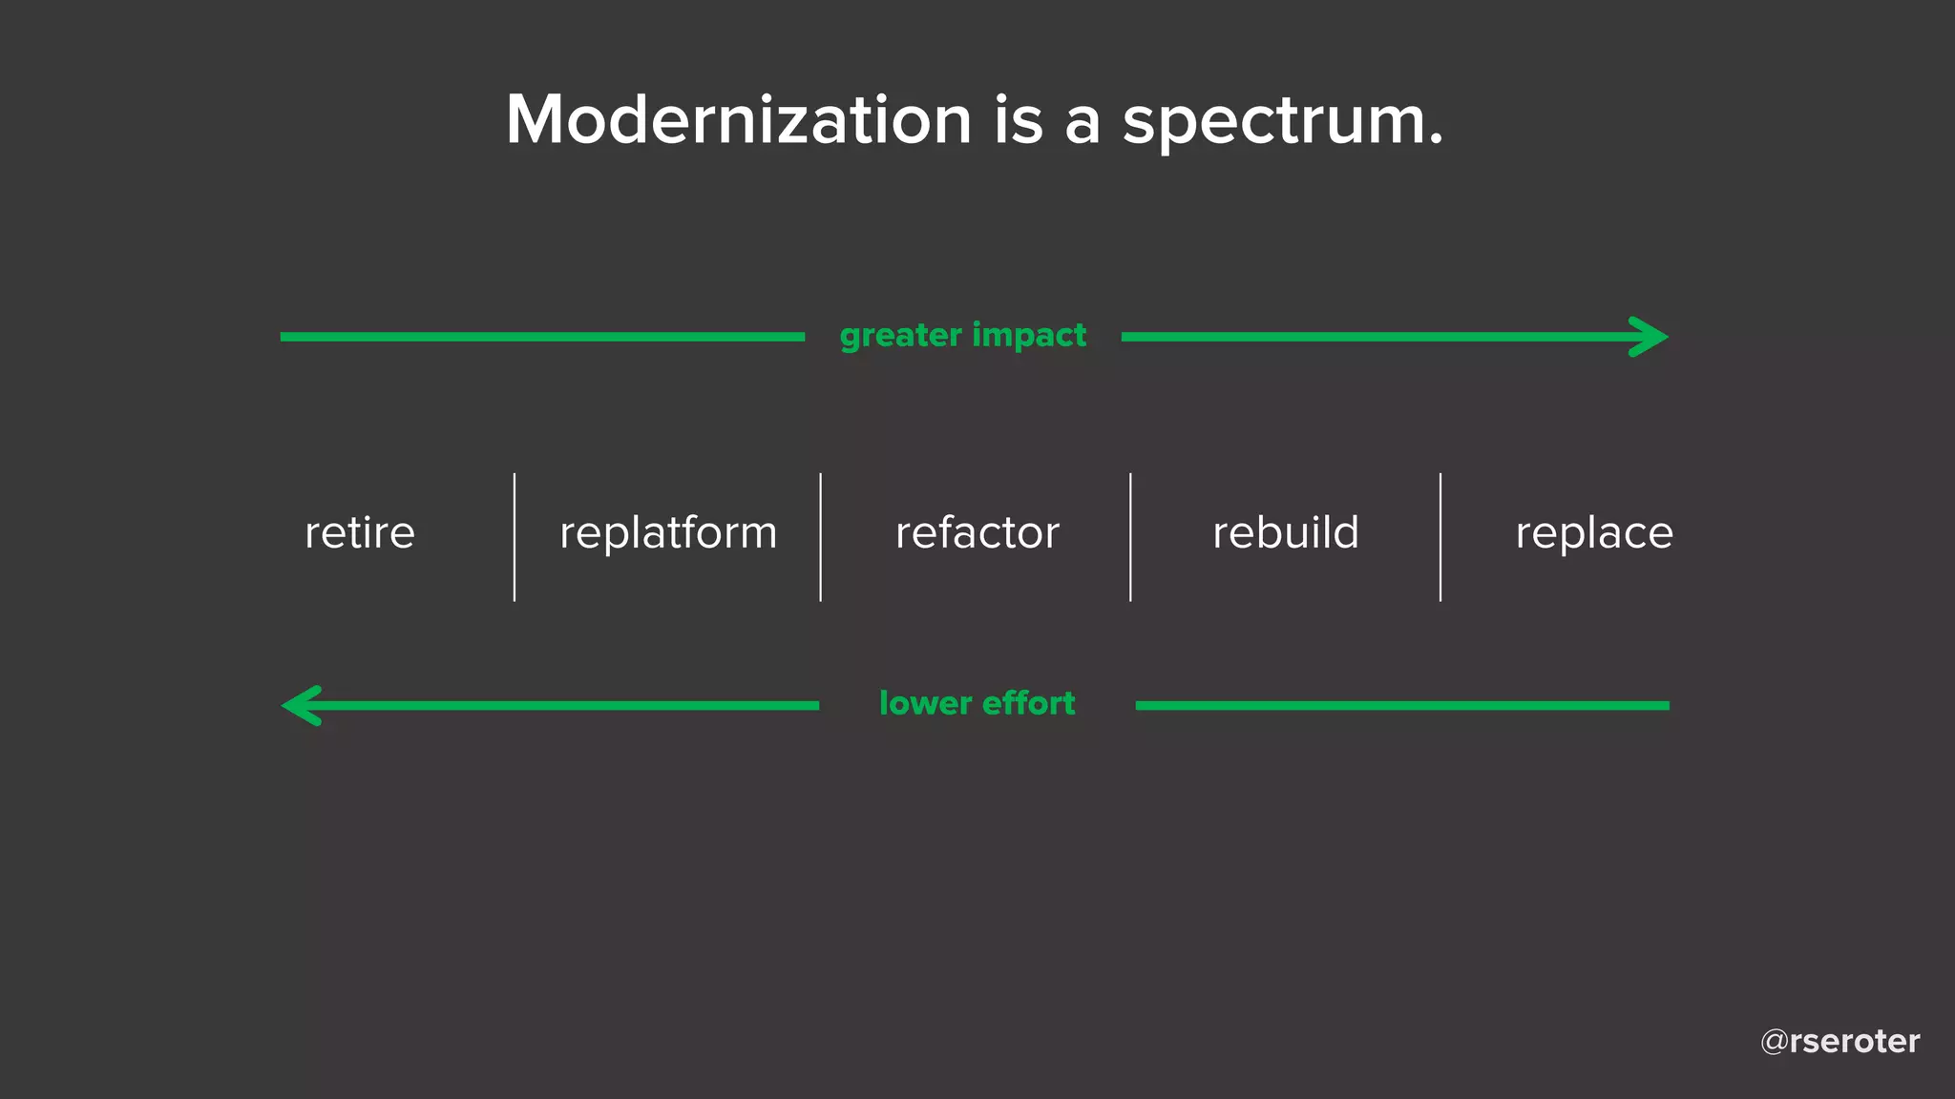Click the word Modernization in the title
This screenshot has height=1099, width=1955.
[738, 120]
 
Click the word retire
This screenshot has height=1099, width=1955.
[360, 532]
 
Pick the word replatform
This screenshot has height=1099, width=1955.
[668, 532]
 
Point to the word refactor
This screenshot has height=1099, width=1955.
[977, 532]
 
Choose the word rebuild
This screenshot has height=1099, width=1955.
[1285, 532]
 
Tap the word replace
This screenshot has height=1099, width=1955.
[1594, 532]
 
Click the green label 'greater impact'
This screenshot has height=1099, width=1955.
[962, 336]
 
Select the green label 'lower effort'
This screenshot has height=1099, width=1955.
[977, 704]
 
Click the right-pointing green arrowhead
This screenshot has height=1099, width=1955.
[1650, 337]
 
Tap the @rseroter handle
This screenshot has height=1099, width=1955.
[1839, 1041]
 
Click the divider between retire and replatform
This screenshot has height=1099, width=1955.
[515, 537]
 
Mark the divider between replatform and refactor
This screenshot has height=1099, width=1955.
[820, 537]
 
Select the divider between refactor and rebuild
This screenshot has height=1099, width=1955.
[1130, 537]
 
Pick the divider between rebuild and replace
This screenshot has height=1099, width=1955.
[1440, 537]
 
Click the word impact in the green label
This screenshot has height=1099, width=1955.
[1029, 336]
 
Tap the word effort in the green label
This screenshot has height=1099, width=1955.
[1028, 704]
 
